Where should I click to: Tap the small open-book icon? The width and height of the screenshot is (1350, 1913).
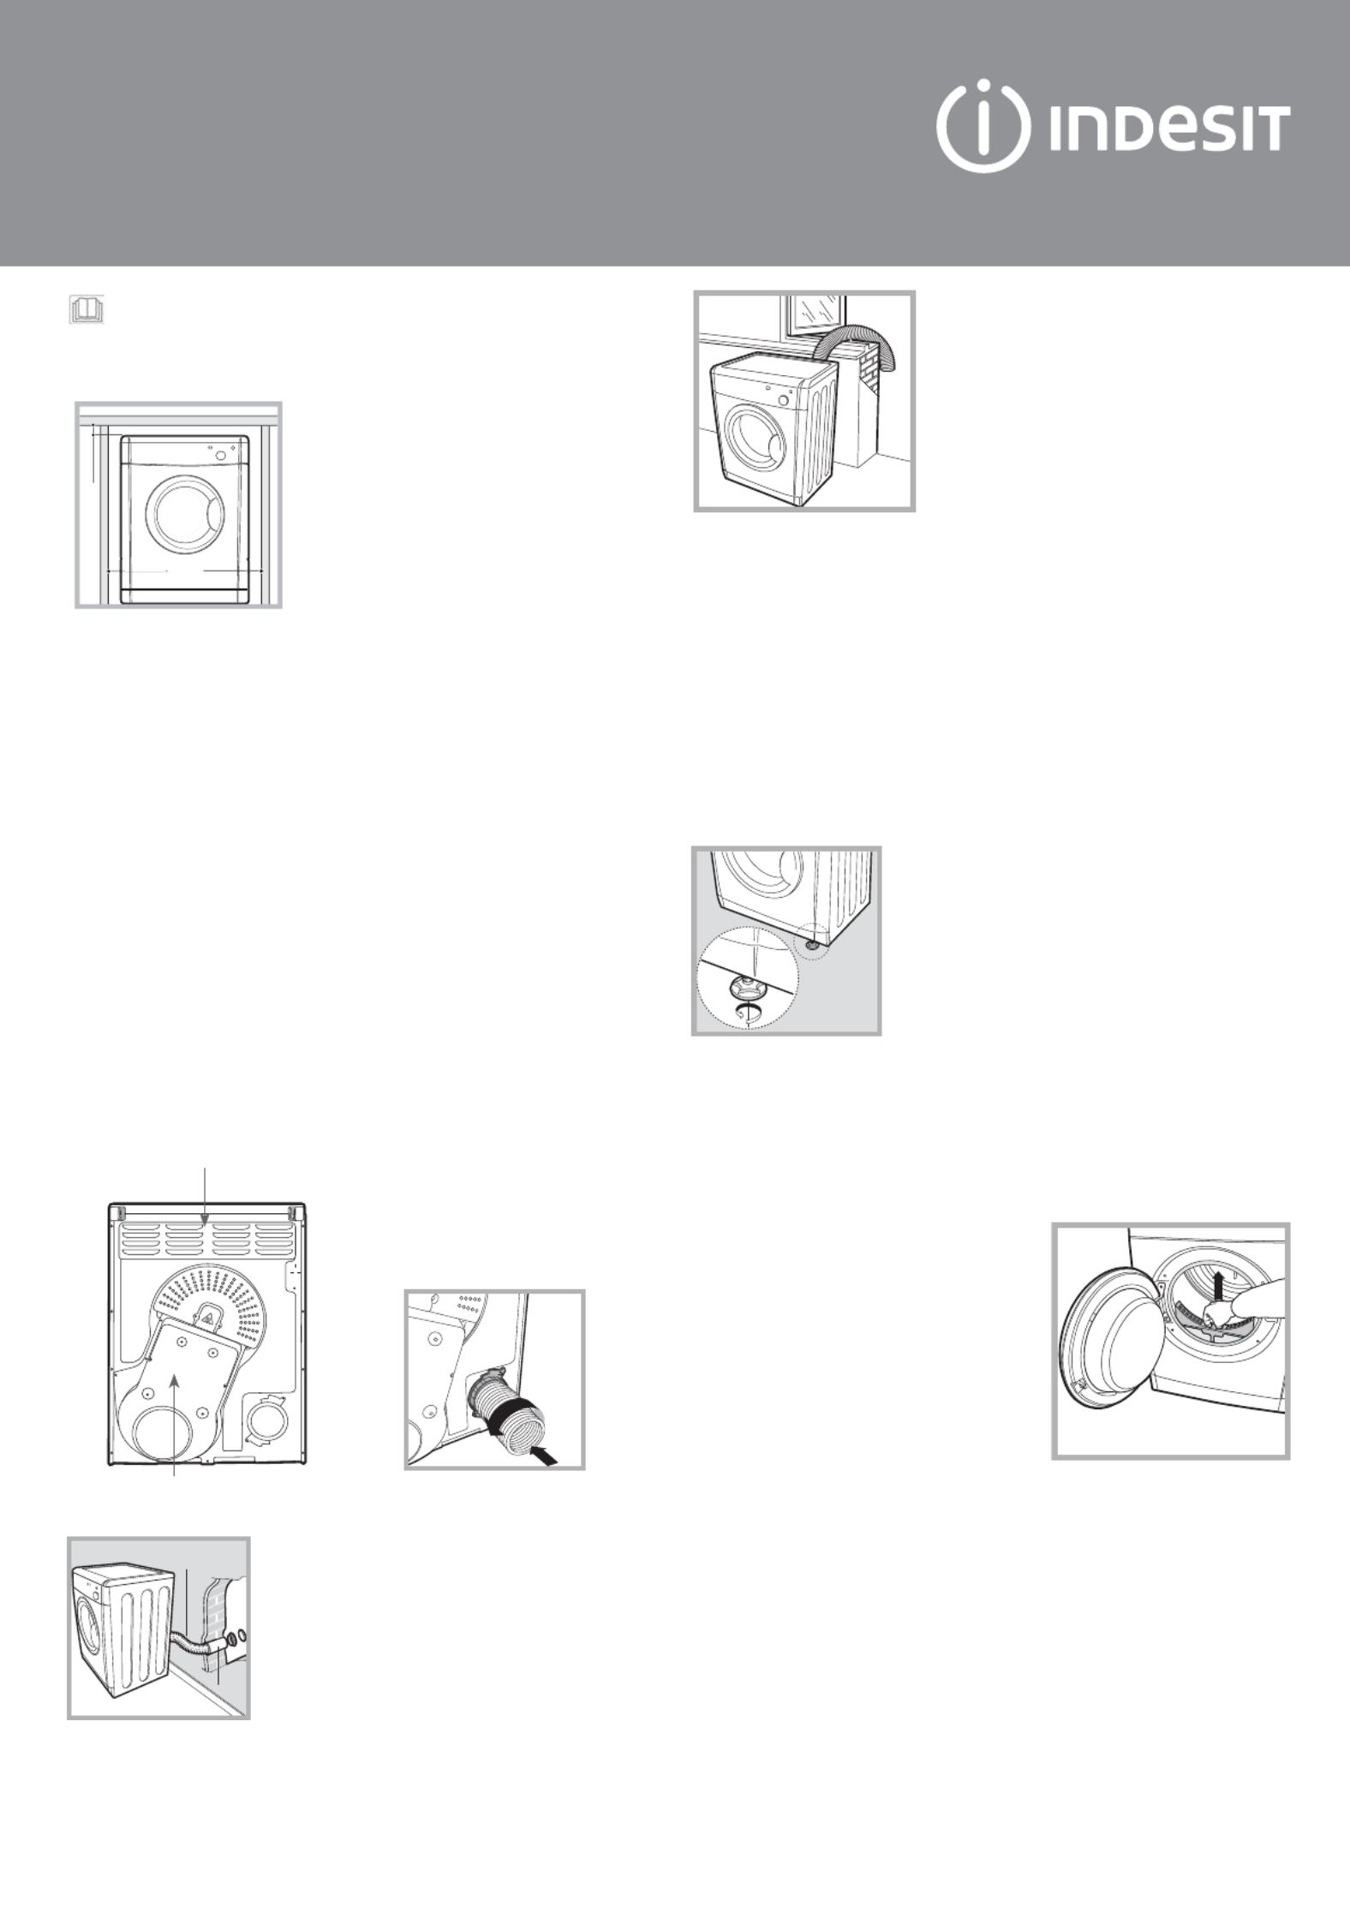pyautogui.click(x=87, y=309)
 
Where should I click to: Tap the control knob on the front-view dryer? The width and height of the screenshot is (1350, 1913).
pyautogui.click(x=221, y=455)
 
